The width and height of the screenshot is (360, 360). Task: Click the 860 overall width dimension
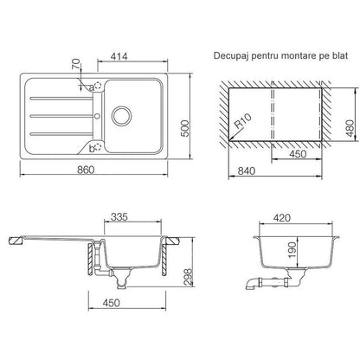[86, 170]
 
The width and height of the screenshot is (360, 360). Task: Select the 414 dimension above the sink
[119, 56]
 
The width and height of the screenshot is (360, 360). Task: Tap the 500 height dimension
[184, 128]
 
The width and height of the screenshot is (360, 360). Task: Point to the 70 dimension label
[76, 64]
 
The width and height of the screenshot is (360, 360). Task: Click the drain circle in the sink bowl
[121, 116]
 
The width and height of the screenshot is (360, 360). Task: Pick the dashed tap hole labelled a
[99, 86]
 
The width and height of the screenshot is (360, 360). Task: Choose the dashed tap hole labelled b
[99, 146]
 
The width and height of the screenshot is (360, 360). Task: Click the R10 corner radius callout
[243, 121]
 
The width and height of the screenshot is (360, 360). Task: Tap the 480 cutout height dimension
[350, 128]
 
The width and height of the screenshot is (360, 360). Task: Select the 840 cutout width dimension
[246, 171]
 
